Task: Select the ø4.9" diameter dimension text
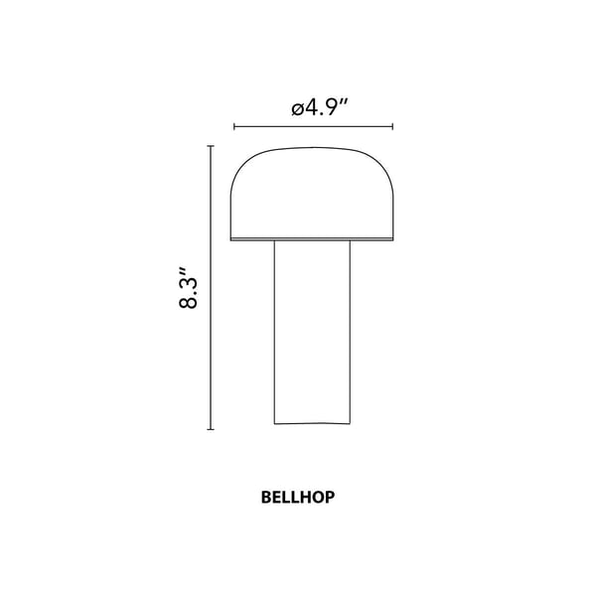pyautogui.click(x=313, y=109)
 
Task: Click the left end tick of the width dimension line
pyautogui.click(x=233, y=127)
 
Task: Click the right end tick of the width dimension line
pyautogui.click(x=393, y=127)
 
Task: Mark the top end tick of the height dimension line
pyautogui.click(x=211, y=146)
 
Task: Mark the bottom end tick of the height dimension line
pyautogui.click(x=211, y=429)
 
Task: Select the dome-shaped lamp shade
pyautogui.click(x=313, y=194)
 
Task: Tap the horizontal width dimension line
pyautogui.click(x=313, y=127)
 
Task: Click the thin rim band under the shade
pyautogui.click(x=313, y=239)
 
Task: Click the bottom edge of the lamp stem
pyautogui.click(x=313, y=425)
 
